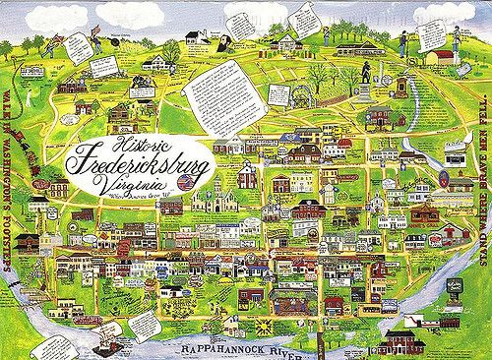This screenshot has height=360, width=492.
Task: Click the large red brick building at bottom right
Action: (x=401, y=340)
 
